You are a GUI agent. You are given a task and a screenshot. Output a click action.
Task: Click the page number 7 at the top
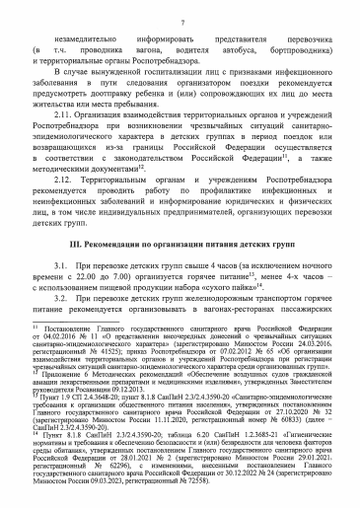pos(182,23)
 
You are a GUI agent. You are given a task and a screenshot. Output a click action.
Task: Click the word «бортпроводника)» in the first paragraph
pos(301,50)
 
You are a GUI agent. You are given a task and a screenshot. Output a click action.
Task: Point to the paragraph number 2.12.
pos(63,180)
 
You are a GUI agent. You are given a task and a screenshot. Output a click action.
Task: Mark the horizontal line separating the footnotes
pos(76,321)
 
